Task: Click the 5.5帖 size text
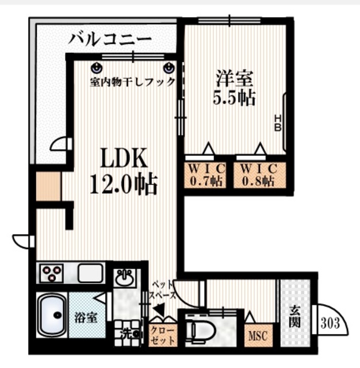(234, 98)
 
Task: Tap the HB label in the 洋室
(277, 122)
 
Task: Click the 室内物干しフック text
(132, 82)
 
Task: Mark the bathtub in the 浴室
(53, 315)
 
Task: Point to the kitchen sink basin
(90, 273)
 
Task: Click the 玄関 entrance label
(294, 315)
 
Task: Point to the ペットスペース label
(163, 290)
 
